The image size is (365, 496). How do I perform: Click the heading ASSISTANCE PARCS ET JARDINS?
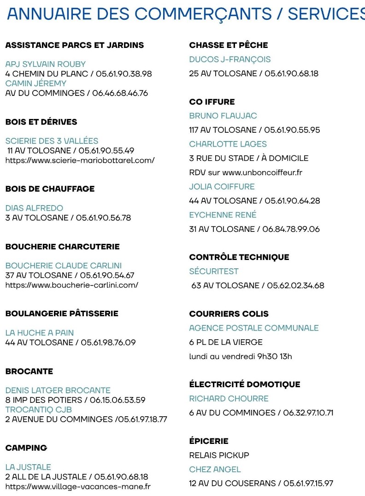[x=75, y=45]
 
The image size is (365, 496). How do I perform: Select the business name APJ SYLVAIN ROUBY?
[x=46, y=64]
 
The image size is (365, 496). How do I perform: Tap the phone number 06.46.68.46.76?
[x=120, y=93]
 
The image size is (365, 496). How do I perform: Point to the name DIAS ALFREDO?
[x=34, y=208]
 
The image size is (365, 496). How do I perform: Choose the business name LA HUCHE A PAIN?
[x=40, y=332]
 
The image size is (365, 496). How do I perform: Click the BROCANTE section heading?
[x=29, y=371]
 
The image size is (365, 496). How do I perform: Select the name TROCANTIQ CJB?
[x=39, y=409]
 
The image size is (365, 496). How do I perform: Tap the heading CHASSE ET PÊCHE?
[x=229, y=45]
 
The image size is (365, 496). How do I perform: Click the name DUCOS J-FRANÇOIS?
[x=230, y=59]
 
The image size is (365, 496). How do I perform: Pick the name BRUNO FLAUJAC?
[x=223, y=116]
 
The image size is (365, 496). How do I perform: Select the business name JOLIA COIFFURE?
[x=222, y=187]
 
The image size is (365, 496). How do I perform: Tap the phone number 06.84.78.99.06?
[x=291, y=229]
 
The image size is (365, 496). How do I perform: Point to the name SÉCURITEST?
[x=214, y=271]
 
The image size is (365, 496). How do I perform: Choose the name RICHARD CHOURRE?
[x=229, y=398]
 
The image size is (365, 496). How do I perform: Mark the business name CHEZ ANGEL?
[x=215, y=469]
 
